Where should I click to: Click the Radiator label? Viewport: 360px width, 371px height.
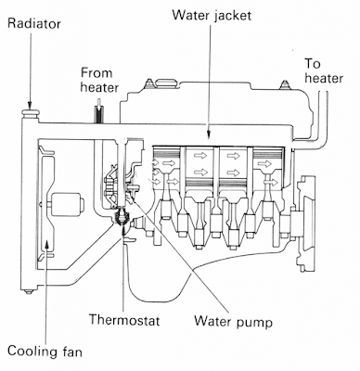click(x=34, y=23)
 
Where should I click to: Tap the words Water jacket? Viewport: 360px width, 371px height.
click(x=212, y=15)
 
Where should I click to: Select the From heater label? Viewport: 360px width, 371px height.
click(x=99, y=81)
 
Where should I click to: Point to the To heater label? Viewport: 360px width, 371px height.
click(x=324, y=71)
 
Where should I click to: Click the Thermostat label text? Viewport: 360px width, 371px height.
click(x=124, y=320)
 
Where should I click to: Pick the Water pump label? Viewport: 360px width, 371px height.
click(x=233, y=322)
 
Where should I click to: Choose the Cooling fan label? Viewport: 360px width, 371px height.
click(x=45, y=352)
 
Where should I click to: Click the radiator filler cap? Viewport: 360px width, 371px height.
click(x=31, y=113)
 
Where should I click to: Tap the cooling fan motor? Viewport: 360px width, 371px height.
click(x=68, y=204)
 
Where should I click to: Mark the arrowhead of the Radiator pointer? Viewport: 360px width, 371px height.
click(x=31, y=106)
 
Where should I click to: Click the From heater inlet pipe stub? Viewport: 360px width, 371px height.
click(x=99, y=114)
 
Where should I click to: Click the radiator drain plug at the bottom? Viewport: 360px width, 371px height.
click(x=29, y=291)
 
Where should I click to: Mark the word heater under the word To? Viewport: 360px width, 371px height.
click(x=324, y=78)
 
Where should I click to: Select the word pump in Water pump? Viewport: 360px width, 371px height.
click(x=255, y=323)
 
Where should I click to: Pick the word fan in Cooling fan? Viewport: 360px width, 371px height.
click(x=71, y=352)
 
